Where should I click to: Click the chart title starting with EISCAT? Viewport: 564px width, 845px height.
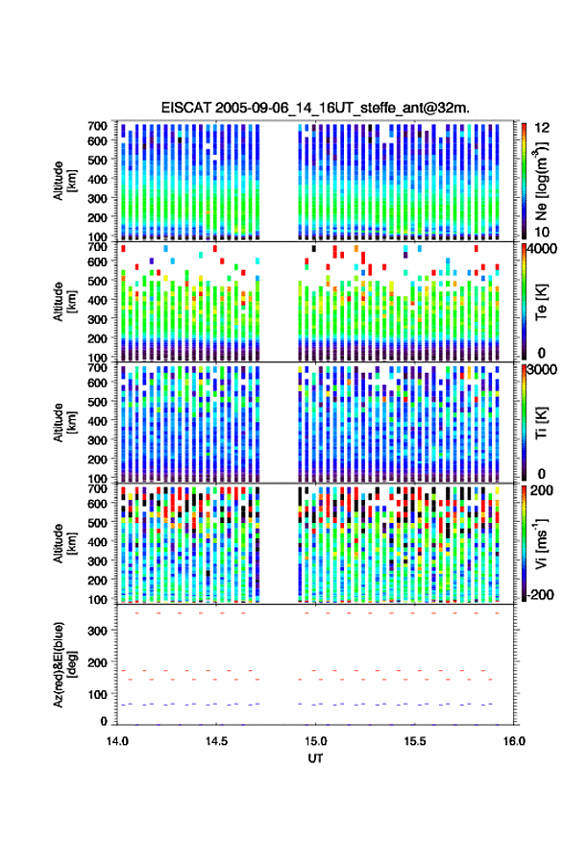click(315, 108)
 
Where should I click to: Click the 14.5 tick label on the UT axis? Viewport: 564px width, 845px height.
click(216, 741)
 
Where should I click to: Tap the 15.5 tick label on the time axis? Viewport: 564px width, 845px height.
click(414, 741)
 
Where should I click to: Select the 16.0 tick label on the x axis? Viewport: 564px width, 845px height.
click(514, 741)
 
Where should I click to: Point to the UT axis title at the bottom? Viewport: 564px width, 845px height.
click(315, 758)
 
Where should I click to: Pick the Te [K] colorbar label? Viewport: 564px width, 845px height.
click(541, 302)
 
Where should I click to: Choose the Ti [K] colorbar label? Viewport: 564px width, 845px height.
click(541, 423)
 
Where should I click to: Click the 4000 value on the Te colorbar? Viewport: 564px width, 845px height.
click(542, 249)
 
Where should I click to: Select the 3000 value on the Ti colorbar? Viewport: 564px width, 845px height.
click(542, 370)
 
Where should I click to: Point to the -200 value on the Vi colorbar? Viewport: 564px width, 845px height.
click(539, 595)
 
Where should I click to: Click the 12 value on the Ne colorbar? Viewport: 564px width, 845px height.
click(542, 128)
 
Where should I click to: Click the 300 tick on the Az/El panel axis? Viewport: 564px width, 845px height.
click(97, 631)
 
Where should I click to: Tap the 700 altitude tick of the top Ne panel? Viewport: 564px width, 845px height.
click(97, 126)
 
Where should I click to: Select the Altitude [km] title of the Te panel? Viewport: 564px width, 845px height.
click(64, 302)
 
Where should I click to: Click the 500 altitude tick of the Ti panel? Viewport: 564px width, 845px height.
click(97, 402)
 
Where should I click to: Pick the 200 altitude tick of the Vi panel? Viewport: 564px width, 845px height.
click(97, 581)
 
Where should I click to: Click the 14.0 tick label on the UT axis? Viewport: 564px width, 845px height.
click(117, 741)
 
